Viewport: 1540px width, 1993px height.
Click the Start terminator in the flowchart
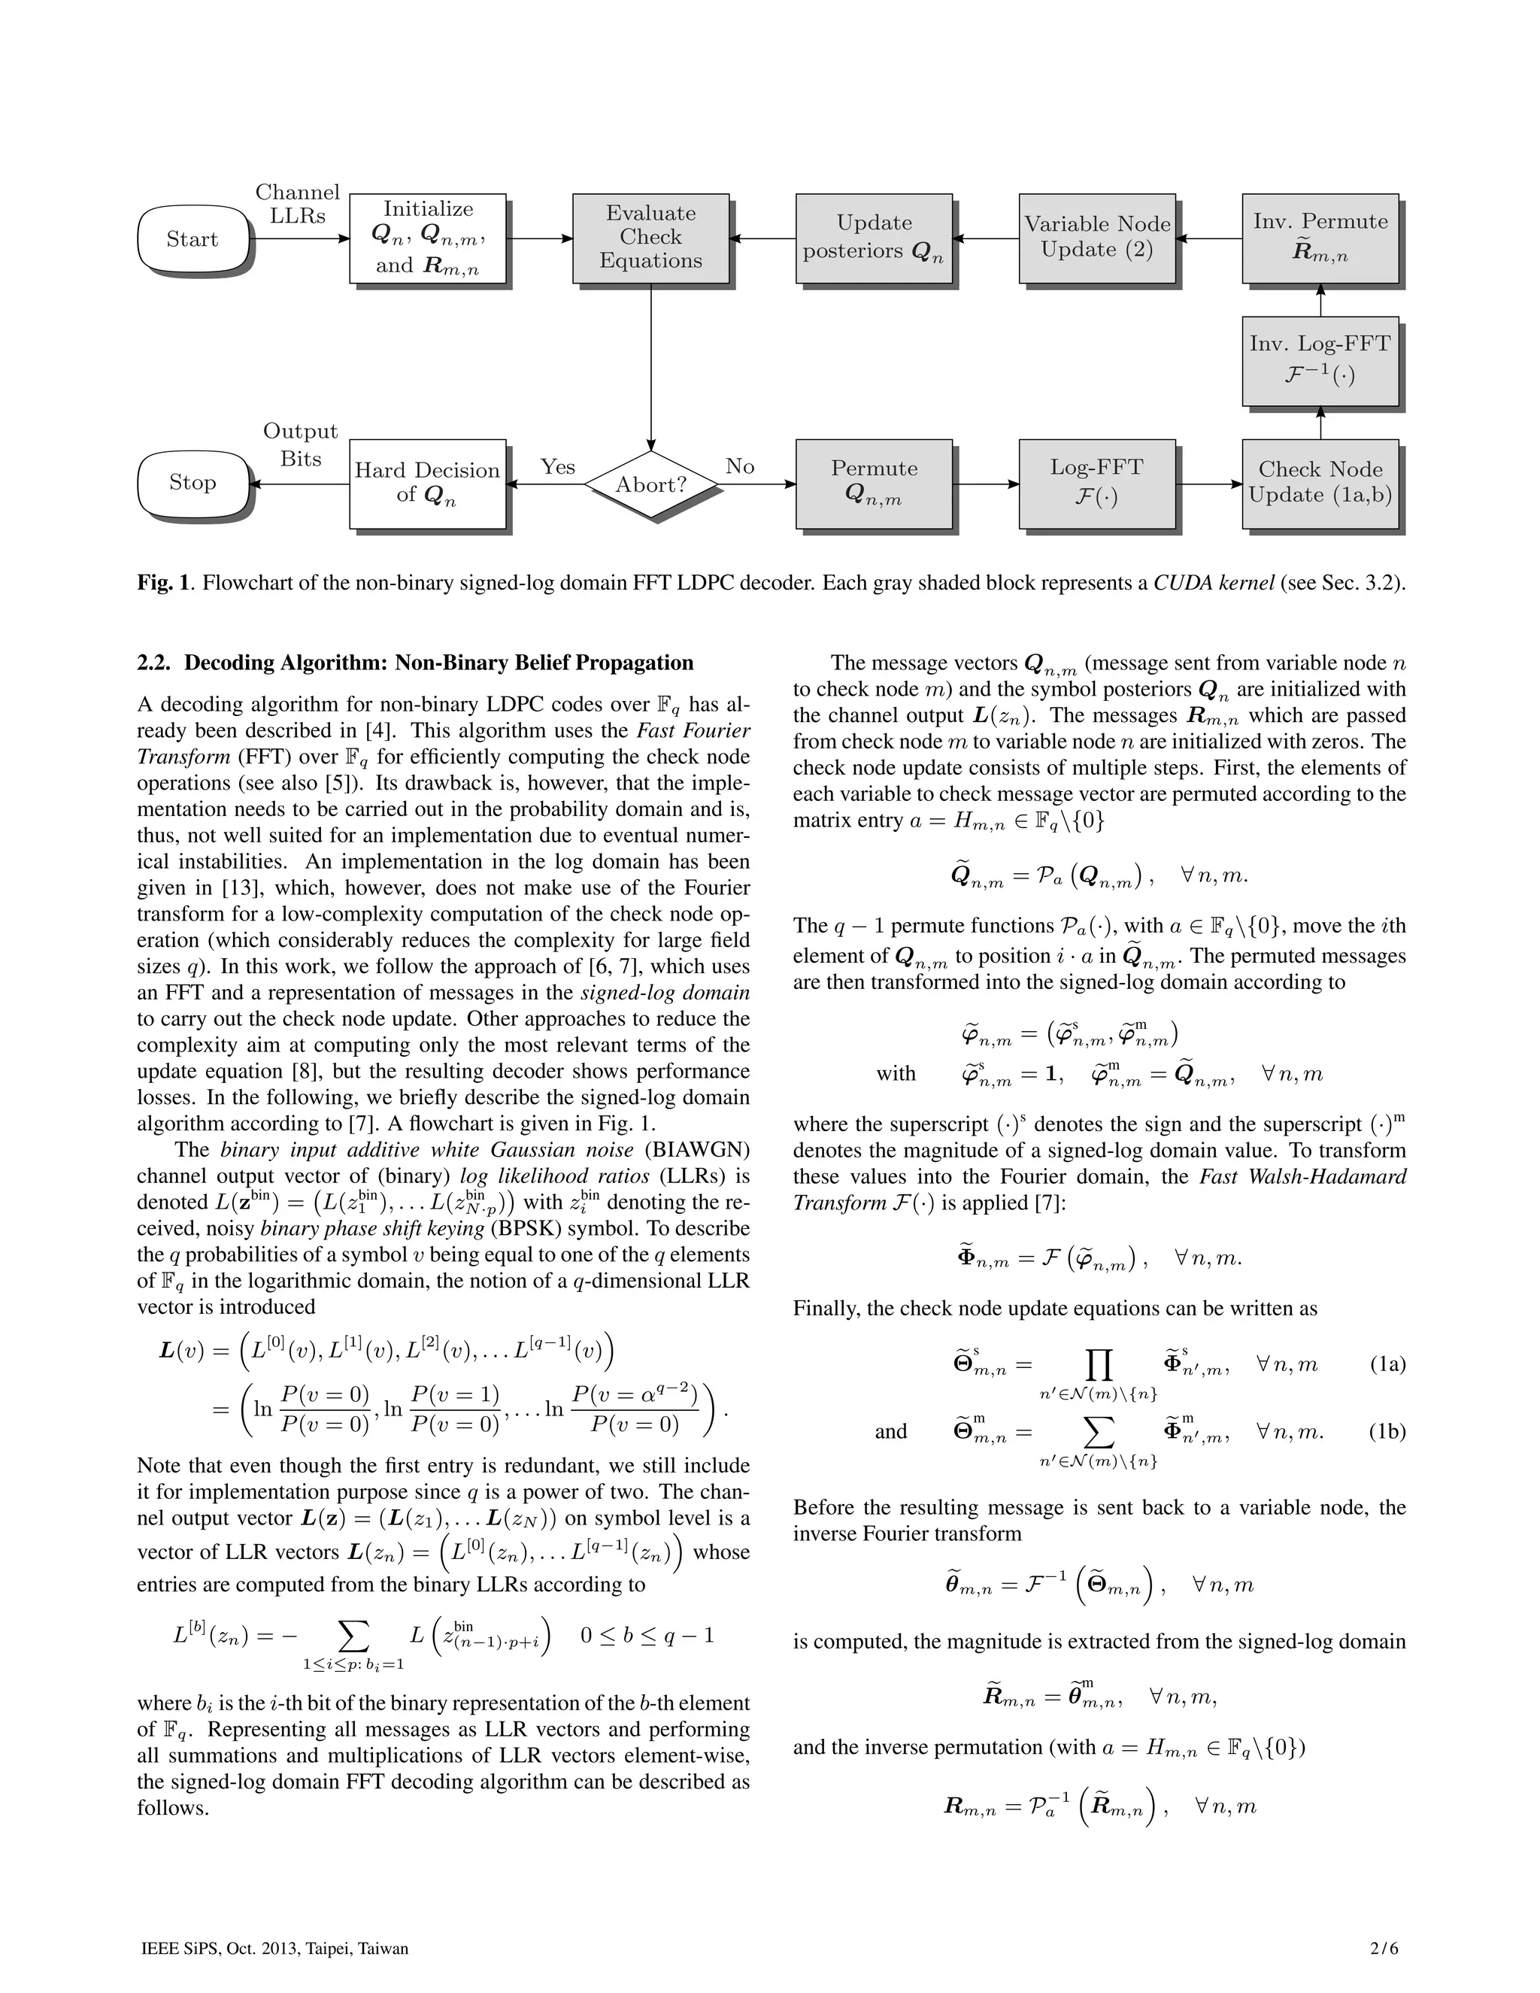pos(192,239)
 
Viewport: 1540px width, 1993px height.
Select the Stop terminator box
pos(192,483)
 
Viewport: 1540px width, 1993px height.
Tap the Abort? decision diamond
pos(650,484)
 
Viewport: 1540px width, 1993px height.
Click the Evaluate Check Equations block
pos(650,237)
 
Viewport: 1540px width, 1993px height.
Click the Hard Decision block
pos(427,483)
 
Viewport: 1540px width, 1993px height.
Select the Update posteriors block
pos(873,237)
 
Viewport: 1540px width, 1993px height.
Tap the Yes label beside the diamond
pos(557,467)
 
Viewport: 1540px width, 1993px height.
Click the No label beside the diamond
pos(740,467)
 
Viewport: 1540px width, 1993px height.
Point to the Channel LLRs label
pos(298,205)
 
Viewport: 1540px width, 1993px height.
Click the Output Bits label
pos(300,444)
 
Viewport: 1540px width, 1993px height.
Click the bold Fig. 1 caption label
pos(164,583)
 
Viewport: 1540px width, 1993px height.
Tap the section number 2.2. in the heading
pos(156,663)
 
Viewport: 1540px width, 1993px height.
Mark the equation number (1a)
pos(1387,1365)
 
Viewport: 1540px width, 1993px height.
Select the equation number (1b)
pos(1387,1432)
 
